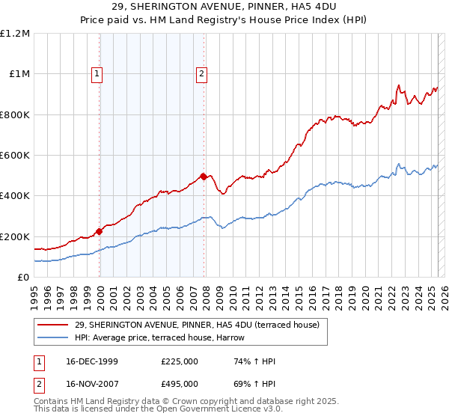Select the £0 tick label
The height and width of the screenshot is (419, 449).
pyautogui.click(x=22, y=278)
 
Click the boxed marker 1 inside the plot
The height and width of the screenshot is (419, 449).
pyautogui.click(x=98, y=73)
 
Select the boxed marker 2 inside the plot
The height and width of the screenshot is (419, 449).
pyautogui.click(x=202, y=73)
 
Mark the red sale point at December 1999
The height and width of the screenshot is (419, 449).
pyautogui.click(x=99, y=231)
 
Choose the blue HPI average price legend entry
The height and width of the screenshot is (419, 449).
pyautogui.click(x=166, y=337)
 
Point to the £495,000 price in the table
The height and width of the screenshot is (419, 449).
pyautogui.click(x=180, y=384)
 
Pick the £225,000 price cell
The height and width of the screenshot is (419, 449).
pyautogui.click(x=180, y=361)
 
